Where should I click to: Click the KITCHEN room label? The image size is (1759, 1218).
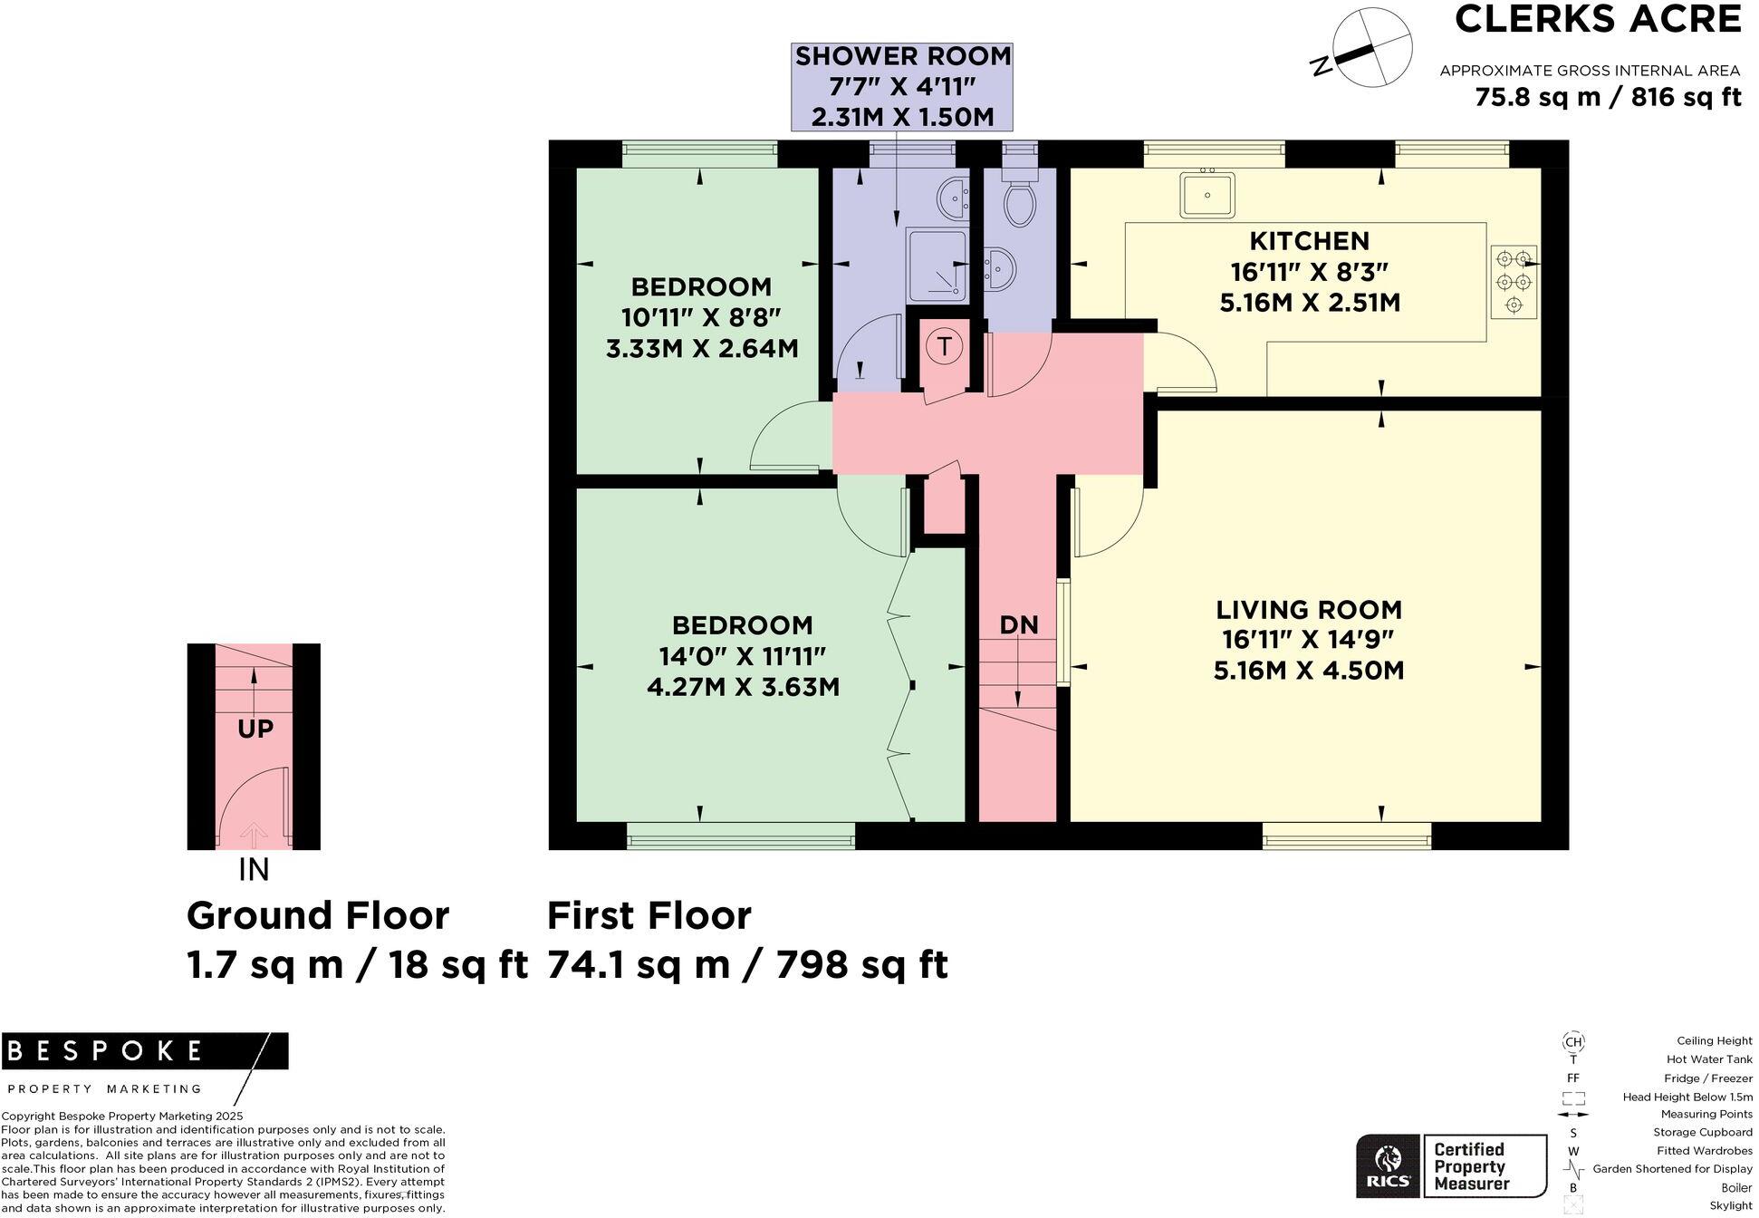[1309, 241]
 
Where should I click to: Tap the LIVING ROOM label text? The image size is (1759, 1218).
[1309, 609]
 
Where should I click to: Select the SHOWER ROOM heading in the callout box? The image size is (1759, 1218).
[902, 56]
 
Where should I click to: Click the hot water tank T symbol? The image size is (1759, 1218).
[945, 346]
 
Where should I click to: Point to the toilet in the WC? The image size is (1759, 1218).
[1020, 201]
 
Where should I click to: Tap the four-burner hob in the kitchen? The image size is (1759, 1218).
[1514, 283]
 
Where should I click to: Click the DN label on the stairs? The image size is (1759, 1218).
[1018, 625]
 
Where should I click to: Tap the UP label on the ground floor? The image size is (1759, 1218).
[255, 730]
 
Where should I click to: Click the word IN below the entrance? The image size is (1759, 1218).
[254, 870]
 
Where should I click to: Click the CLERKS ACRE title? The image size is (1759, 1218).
[1597, 20]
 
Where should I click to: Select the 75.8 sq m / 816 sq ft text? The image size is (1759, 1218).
[1608, 97]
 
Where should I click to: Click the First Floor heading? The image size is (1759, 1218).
[649, 916]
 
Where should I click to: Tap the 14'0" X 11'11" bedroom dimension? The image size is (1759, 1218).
[743, 656]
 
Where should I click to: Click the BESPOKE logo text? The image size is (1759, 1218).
[104, 1051]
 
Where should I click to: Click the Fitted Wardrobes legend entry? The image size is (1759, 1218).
[1704, 1151]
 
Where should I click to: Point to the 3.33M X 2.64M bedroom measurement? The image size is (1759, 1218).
[702, 349]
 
